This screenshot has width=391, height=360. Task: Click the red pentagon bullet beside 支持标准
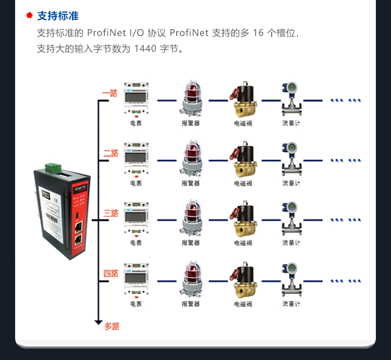click(x=30, y=16)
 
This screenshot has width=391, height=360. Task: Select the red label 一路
click(x=110, y=93)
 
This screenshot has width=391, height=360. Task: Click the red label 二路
click(x=111, y=153)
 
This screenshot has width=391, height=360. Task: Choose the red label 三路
click(x=111, y=213)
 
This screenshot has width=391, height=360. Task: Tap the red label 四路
click(x=111, y=273)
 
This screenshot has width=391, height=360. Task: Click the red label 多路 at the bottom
click(x=112, y=327)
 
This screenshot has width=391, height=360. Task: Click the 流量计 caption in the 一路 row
click(x=291, y=123)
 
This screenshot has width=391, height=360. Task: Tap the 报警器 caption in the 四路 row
click(x=190, y=304)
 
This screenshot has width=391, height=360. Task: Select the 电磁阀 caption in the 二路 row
click(x=243, y=183)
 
